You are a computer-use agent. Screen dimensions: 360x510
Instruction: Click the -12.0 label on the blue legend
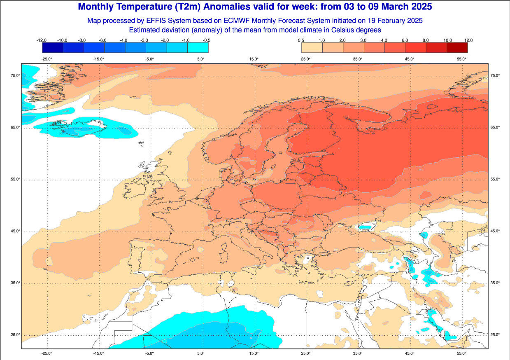click(x=41, y=40)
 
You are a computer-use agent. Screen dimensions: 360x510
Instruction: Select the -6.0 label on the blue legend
click(x=103, y=40)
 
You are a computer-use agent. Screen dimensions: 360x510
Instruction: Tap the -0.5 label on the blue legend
click(x=207, y=40)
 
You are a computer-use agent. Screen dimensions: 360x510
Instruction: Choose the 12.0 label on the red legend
click(x=468, y=40)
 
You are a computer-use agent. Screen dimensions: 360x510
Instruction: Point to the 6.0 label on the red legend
click(x=405, y=40)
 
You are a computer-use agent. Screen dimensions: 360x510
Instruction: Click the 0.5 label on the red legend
click(x=301, y=40)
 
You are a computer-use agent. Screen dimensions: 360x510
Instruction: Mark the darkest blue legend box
click(x=52, y=47)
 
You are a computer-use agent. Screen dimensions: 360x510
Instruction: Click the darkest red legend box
click(x=457, y=47)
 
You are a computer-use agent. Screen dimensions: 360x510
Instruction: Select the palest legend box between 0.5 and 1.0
click(x=312, y=47)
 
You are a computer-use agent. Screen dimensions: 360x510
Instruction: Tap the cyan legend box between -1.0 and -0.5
click(x=198, y=47)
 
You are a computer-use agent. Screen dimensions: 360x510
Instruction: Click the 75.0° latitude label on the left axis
click(x=15, y=75)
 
